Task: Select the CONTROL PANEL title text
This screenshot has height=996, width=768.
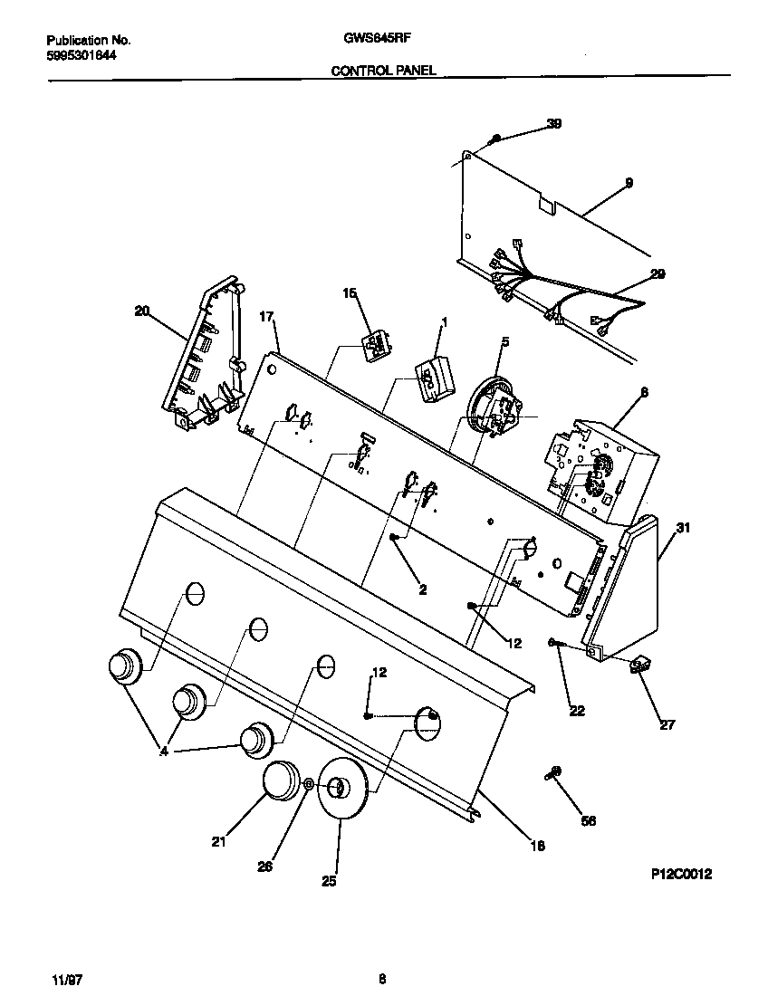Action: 384,69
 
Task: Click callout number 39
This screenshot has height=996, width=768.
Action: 553,124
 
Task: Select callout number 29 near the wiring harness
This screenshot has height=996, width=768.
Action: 657,273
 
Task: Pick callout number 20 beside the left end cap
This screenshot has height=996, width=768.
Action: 141,311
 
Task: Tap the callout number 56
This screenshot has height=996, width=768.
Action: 588,820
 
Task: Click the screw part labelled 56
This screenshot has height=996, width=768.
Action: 552,772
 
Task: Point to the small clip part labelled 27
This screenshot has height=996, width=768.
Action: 640,666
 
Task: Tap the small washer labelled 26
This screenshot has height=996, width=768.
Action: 310,784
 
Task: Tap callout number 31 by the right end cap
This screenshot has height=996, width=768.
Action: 683,529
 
